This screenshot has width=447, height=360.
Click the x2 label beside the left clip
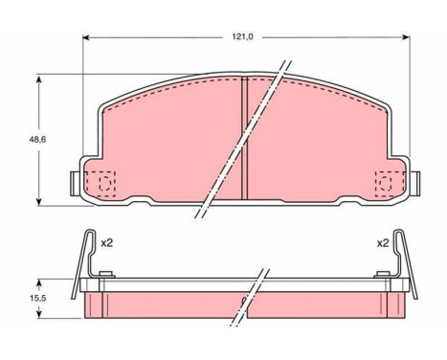[x=107, y=243]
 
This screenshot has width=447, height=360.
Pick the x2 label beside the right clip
[x=383, y=243]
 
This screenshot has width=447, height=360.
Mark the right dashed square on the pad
[x=389, y=182]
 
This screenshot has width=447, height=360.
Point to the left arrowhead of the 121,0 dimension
[x=86, y=39]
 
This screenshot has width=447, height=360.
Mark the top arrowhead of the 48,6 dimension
[x=40, y=78]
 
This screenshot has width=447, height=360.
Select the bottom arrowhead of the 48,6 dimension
[x=40, y=201]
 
